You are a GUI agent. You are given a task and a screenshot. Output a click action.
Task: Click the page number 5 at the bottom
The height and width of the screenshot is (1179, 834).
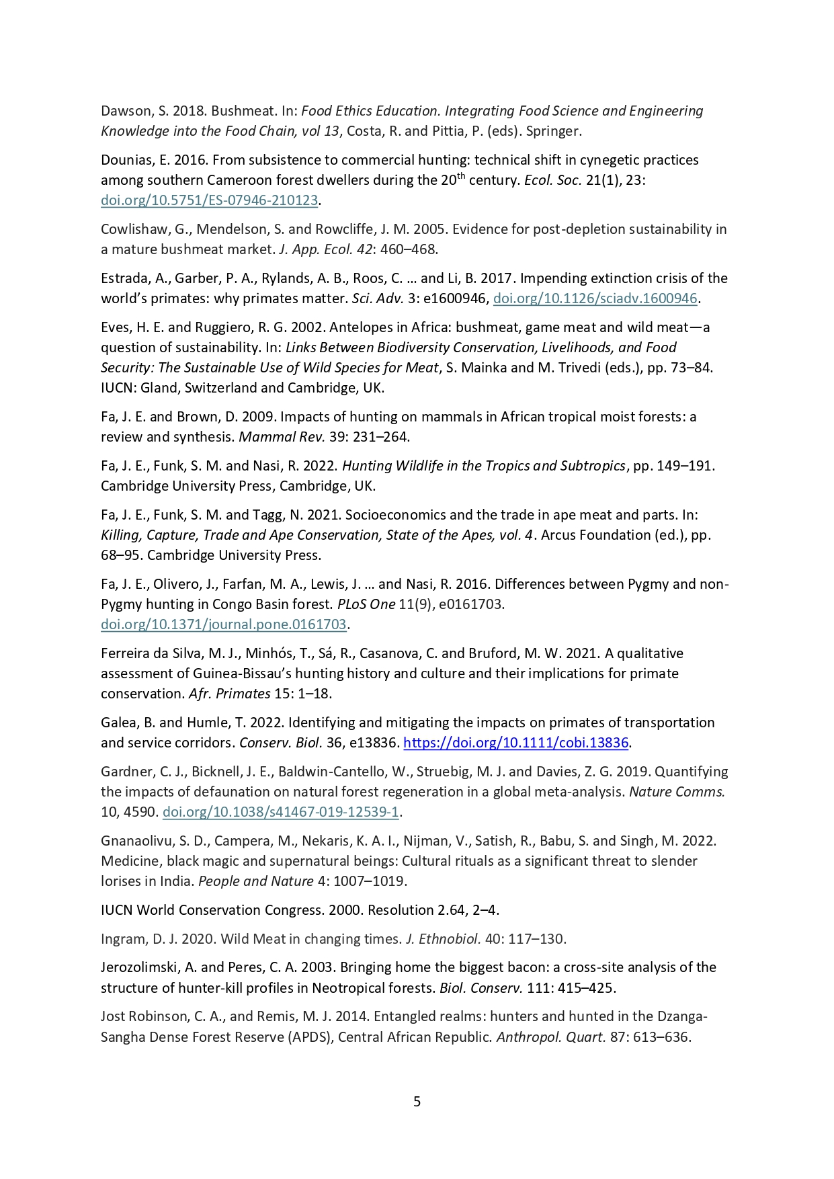pos(417,1101)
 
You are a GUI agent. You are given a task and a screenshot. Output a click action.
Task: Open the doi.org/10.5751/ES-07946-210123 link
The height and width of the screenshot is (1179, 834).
pos(209,200)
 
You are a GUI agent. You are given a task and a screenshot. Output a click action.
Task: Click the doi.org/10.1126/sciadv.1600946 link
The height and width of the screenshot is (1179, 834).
pos(595,298)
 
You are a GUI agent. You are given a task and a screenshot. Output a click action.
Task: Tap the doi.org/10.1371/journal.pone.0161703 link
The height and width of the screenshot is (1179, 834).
pos(223,624)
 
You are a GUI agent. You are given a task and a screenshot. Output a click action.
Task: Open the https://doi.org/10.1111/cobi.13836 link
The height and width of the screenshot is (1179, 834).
pos(515,743)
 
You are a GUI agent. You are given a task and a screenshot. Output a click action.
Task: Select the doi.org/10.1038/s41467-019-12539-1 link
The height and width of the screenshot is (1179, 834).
pos(281,812)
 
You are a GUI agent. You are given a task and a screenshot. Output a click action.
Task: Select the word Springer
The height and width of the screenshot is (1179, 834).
pos(553,131)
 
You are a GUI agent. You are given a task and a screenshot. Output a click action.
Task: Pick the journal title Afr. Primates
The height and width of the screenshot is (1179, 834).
pos(229,694)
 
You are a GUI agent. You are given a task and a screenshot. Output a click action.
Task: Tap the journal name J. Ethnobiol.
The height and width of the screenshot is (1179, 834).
pos(443,939)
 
